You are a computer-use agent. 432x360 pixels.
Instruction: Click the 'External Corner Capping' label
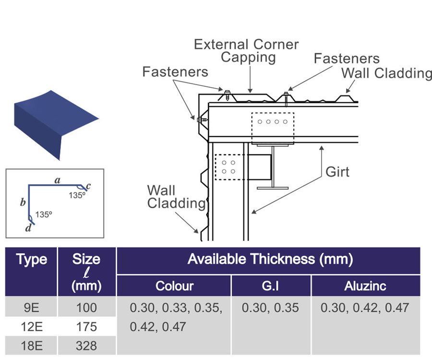pyautogui.click(x=246, y=51)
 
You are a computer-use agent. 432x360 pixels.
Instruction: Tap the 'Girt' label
pyautogui.click(x=337, y=171)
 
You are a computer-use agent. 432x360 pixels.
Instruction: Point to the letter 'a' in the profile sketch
pyautogui.click(x=58, y=180)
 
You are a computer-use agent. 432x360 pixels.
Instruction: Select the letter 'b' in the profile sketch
pyautogui.click(x=23, y=203)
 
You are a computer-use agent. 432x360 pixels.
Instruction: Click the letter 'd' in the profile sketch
pyautogui.click(x=28, y=228)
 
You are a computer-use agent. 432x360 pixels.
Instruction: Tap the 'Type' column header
pyautogui.click(x=32, y=260)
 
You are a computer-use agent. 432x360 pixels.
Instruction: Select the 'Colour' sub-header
pyautogui.click(x=174, y=286)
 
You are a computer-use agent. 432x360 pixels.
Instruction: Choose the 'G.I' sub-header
pyautogui.click(x=271, y=286)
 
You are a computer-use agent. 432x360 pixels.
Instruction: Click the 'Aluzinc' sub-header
pyautogui.click(x=365, y=286)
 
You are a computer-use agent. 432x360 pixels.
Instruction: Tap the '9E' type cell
pyautogui.click(x=32, y=308)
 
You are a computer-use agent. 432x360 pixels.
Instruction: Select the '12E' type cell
pyautogui.click(x=32, y=327)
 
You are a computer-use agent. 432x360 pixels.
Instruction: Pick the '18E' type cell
pyautogui.click(x=32, y=345)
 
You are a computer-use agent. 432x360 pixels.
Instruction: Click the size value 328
pyautogui.click(x=86, y=345)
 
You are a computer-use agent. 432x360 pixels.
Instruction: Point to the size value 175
pyautogui.click(x=86, y=327)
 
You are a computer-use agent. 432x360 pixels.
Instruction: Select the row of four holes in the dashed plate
pyautogui.click(x=272, y=121)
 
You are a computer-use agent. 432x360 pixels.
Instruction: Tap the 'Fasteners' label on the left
pyautogui.click(x=175, y=72)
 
